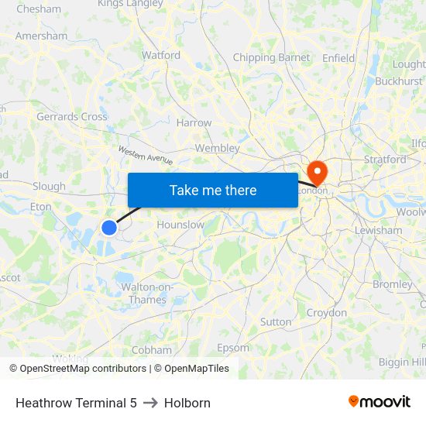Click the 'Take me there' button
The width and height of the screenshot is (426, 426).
click(213, 191)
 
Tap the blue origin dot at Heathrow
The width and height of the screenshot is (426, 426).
click(109, 227)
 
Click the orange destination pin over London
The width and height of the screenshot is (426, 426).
click(318, 171)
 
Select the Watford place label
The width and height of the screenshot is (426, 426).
click(161, 55)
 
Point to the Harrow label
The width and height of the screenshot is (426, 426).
click(194, 122)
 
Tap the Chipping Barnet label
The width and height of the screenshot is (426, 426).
click(271, 57)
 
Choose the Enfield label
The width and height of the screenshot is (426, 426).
click(338, 57)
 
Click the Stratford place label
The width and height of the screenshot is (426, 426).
click(385, 160)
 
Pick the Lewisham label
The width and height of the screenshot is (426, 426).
click(378, 230)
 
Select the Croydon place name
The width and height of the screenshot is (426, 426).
click(327, 313)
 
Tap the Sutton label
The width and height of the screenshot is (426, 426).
click(276, 321)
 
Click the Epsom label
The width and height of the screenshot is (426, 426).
click(233, 348)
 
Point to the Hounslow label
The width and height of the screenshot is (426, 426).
click(180, 225)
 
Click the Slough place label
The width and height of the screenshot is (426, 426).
click(49, 186)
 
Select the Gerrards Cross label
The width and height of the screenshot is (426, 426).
click(72, 116)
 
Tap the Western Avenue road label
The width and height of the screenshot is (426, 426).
click(146, 154)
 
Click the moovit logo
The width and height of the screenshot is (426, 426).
click(380, 402)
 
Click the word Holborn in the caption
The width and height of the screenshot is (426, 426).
click(187, 403)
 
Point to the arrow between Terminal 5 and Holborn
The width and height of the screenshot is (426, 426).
click(150, 403)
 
